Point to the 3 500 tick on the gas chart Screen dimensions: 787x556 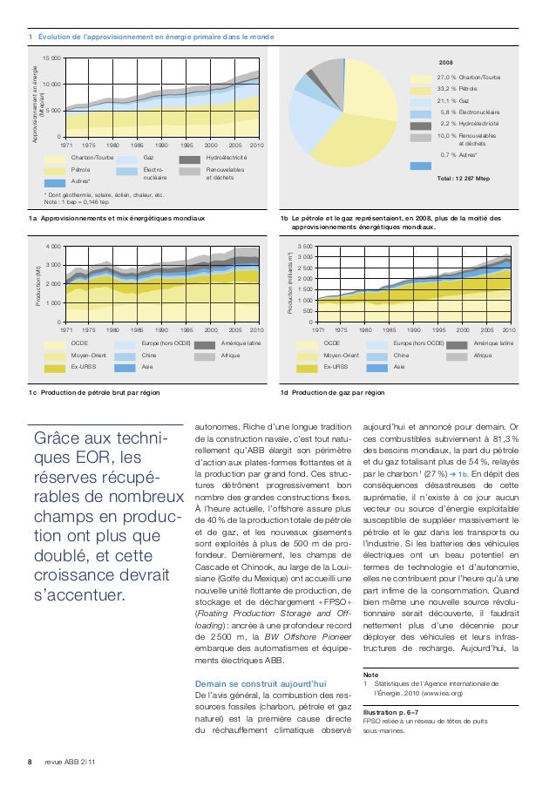[303, 248]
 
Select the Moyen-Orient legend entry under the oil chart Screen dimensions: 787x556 [85, 356]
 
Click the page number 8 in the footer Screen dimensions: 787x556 [31, 762]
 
